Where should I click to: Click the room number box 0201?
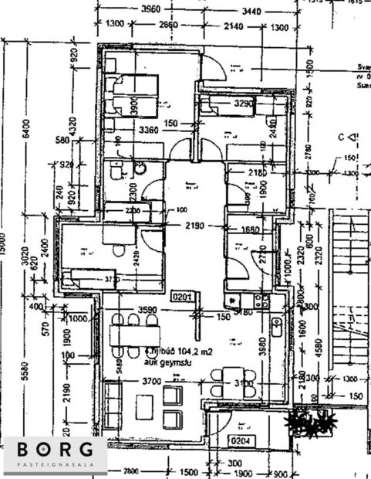pos(181,294)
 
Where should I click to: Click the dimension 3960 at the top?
pos(144,9)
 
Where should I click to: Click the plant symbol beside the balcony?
pos(313,422)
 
